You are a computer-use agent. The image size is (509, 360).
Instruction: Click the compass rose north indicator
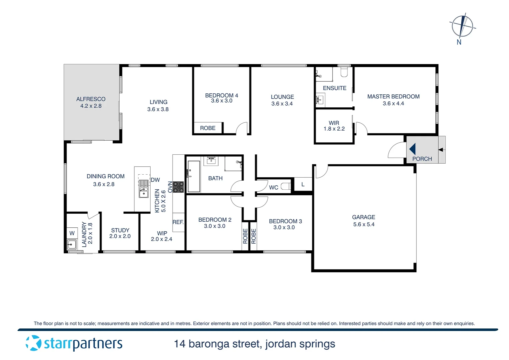462,27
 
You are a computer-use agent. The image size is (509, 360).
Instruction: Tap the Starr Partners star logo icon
34,343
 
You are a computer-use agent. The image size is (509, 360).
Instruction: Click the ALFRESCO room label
91,99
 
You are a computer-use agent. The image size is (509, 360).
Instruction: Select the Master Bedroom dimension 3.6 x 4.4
393,104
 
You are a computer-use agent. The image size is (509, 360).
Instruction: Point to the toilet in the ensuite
344,72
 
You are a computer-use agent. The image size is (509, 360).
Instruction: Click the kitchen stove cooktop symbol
178,187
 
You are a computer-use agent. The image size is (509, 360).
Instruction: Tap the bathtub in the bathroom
194,177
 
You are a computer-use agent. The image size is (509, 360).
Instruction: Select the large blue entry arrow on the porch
412,149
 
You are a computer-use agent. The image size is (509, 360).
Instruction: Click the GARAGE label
363,217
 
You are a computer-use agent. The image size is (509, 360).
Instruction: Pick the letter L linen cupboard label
303,184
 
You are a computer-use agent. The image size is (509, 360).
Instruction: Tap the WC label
273,188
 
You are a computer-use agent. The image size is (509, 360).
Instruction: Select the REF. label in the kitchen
178,222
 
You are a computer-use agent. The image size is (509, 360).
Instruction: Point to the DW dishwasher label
155,180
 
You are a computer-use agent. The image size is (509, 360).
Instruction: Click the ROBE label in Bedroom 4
208,128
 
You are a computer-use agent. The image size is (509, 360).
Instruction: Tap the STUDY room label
120,230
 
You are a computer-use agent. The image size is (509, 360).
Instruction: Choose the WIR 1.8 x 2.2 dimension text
334,129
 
